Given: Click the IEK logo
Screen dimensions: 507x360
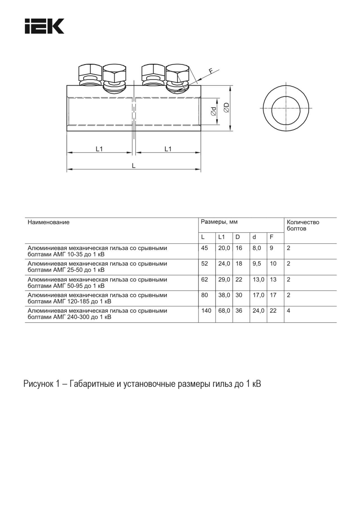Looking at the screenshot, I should point(44,26).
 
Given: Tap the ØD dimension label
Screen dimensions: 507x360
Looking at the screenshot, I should point(226,108).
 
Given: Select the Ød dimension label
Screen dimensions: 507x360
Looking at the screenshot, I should point(213,111).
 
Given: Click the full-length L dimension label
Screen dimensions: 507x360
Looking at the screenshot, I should point(134,166).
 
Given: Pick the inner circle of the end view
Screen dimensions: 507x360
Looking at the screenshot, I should point(286,108).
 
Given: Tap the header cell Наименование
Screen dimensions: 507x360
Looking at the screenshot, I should point(48,222).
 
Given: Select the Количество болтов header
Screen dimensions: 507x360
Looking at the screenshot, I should point(303,225).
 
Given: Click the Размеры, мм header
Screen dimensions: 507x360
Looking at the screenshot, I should point(219,222).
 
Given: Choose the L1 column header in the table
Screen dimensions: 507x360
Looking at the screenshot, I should point(222,237).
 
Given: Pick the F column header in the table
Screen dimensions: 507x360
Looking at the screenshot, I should point(271,237).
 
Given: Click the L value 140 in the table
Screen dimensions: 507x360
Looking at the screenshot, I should point(206,311).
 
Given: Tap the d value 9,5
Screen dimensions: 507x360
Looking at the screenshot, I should point(257,264).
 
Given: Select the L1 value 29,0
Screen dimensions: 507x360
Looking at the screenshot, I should point(224,280).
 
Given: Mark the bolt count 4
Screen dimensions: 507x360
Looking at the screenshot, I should point(288,311).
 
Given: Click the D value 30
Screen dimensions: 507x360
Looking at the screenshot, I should point(239,295).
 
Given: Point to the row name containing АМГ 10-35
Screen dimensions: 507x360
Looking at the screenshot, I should point(97,251).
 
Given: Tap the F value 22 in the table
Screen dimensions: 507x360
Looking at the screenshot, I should point(273,311).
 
